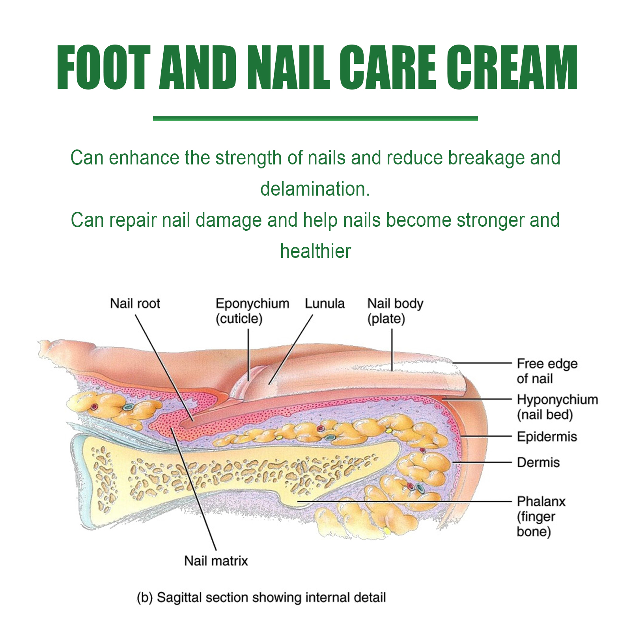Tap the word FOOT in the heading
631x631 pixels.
(103, 68)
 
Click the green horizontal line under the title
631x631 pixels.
(315, 118)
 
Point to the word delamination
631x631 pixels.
(315, 189)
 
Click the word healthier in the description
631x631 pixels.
(315, 251)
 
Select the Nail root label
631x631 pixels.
(135, 304)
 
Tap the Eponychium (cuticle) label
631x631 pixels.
(252, 311)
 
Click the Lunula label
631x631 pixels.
(325, 304)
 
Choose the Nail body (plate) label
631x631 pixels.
(395, 311)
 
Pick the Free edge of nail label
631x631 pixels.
(547, 371)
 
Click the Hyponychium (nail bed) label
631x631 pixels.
(557, 407)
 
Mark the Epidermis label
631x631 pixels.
(547, 437)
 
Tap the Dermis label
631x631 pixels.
(538, 462)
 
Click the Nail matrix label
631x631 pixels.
(216, 561)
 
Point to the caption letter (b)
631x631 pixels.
(144, 597)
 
